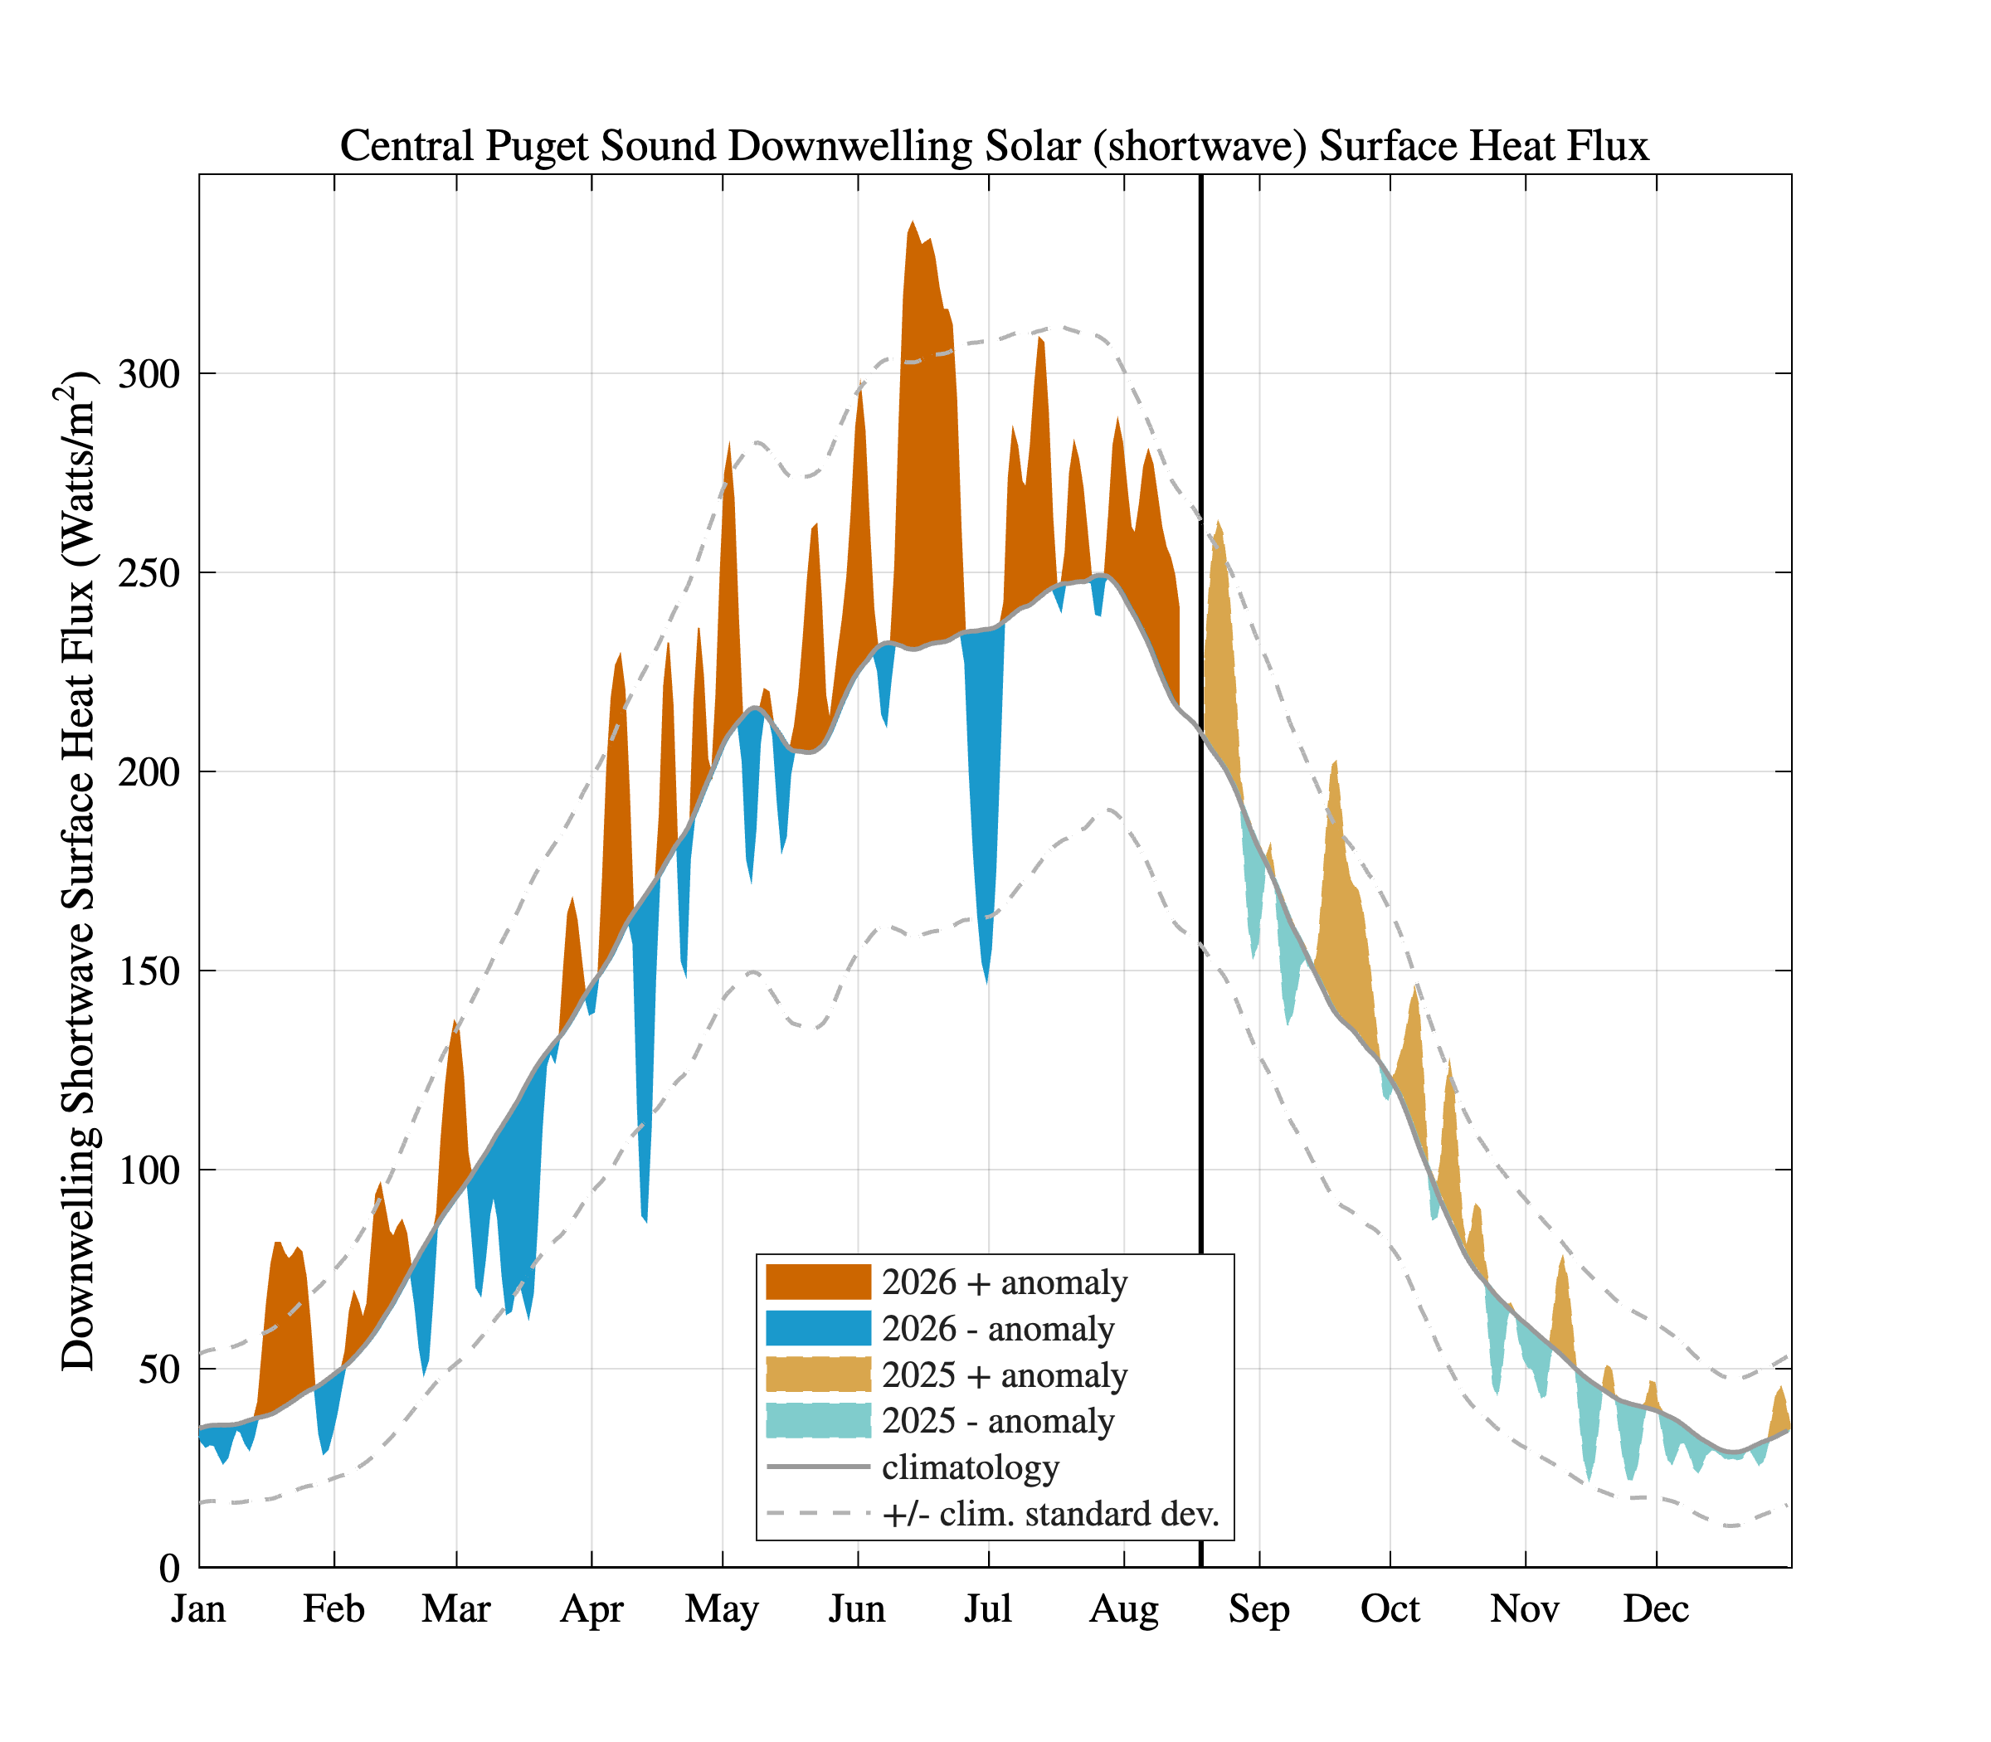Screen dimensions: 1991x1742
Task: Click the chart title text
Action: tap(994, 146)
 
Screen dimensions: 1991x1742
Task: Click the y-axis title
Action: tap(78, 871)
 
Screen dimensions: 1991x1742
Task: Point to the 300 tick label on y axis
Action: tap(148, 373)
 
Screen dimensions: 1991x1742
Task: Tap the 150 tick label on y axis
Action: tap(148, 971)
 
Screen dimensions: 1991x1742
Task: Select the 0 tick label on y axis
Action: tap(170, 1568)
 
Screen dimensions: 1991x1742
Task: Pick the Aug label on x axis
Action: tap(1124, 1611)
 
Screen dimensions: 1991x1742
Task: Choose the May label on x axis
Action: tap(722, 1611)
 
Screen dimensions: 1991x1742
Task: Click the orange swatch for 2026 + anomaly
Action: tap(818, 1282)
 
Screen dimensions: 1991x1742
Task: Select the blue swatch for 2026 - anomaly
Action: tap(818, 1328)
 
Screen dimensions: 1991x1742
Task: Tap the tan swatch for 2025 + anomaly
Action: tap(818, 1375)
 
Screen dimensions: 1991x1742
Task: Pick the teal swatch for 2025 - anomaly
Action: tap(818, 1420)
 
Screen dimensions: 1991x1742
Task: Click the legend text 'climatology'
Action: tap(971, 1467)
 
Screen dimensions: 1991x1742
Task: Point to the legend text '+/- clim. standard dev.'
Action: tap(1051, 1514)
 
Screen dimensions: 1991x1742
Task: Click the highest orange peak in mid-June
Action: tap(912, 221)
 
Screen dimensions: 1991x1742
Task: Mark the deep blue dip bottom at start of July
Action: tap(986, 983)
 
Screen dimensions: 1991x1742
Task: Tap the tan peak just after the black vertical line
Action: tap(1218, 521)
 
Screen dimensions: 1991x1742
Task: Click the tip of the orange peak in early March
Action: tap(454, 1019)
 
